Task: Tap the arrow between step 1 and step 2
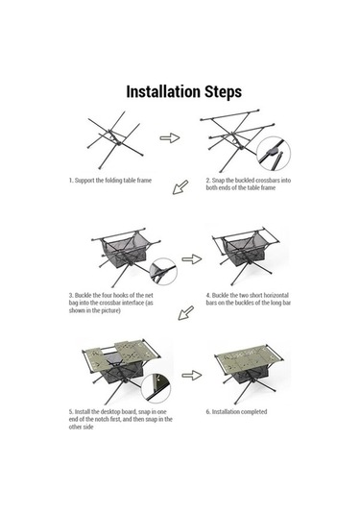point(170,137)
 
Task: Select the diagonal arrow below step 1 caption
point(180,187)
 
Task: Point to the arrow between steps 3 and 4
point(192,259)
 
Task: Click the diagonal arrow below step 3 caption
point(185,313)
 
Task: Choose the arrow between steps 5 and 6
point(192,376)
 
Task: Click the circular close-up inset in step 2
point(274,154)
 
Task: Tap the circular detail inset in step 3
point(163,272)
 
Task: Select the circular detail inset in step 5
point(156,388)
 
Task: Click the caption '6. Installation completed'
point(236,412)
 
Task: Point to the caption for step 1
point(110,181)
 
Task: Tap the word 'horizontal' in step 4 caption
point(276,295)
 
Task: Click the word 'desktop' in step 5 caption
point(110,412)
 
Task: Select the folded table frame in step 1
point(115,140)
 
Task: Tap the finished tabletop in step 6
point(248,358)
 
